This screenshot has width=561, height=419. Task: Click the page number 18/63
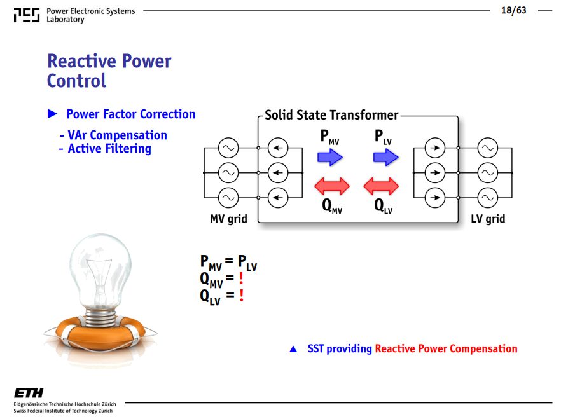pos(513,10)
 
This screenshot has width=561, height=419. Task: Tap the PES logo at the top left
pos(27,15)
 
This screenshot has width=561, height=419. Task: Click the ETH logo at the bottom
pos(29,393)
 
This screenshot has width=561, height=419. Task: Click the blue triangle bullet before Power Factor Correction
pos(52,114)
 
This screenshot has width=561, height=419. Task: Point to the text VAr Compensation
pos(117,135)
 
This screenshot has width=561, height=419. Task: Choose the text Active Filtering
pos(109,149)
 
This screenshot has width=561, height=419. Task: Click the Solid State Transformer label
pos(331,115)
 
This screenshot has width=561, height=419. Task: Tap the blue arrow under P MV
pos(330,157)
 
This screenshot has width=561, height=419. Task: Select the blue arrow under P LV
pos(385,157)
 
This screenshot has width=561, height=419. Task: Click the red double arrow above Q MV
pos(332,186)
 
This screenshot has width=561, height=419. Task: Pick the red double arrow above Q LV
pos(381,186)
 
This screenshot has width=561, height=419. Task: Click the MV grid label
pos(228,219)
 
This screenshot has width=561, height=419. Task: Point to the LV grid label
pos(488,219)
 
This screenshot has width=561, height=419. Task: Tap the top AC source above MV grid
pos(228,148)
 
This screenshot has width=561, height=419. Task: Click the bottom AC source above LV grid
pos(488,198)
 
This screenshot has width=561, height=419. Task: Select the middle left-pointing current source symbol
pos(278,173)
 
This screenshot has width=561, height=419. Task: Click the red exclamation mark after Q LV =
pos(242,295)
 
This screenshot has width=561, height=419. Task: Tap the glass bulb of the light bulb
pos(100,270)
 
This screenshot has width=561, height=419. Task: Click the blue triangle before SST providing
pos(293,349)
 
